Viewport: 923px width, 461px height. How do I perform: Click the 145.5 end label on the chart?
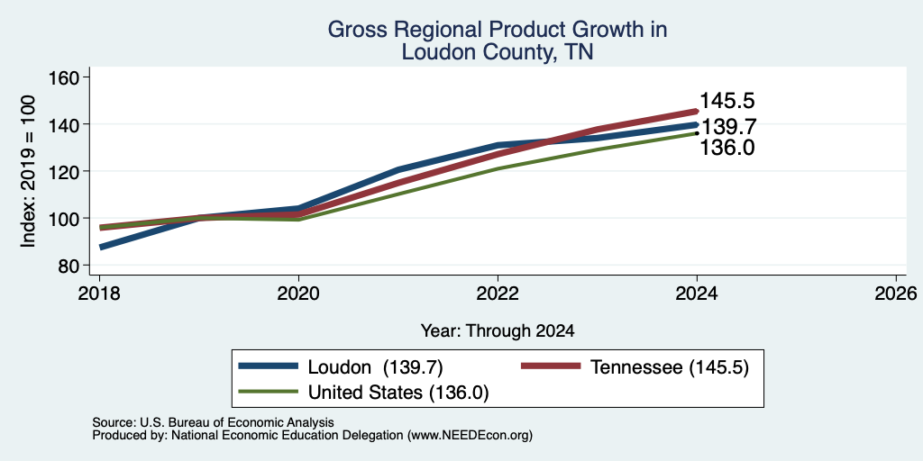tap(727, 101)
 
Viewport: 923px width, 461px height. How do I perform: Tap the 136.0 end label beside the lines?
tap(727, 148)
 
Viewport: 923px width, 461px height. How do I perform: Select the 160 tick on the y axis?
tap(66, 77)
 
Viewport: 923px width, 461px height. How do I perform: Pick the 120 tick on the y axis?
tap(66, 171)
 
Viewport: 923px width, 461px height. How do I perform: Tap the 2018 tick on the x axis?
tap(99, 294)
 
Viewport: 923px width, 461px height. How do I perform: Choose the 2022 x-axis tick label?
tap(498, 294)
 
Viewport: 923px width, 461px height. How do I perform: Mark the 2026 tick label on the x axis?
tap(896, 294)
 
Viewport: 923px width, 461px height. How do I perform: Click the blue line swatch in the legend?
tap(268, 366)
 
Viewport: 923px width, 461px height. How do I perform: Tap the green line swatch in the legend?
tap(268, 391)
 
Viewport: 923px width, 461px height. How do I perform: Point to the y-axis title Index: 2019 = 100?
tap(28, 171)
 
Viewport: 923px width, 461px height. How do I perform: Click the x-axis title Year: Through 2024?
tap(498, 331)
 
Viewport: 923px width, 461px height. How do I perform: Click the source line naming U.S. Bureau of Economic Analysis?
tap(213, 422)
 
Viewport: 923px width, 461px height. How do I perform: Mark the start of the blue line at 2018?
tap(101, 248)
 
